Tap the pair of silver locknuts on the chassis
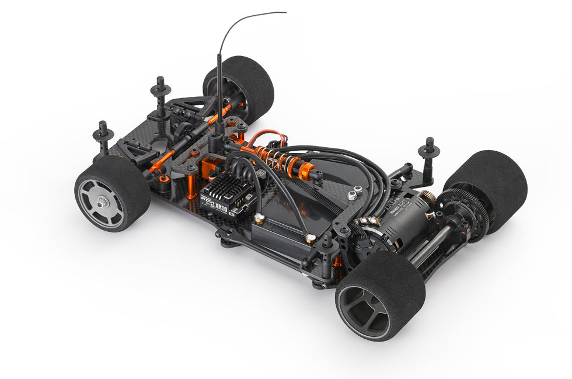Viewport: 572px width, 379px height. tap(354, 193)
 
